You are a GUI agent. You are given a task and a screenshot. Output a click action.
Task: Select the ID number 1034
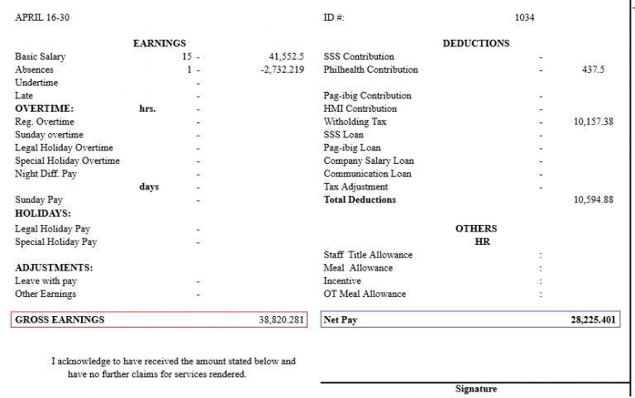pos(524,17)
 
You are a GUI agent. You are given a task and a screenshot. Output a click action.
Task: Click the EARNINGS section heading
pos(160,43)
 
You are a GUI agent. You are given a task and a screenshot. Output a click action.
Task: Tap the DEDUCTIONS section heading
pos(475,43)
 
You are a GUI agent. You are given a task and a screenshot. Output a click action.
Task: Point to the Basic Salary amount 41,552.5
pos(286,57)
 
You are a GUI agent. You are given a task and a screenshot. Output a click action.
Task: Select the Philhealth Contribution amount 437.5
pos(593,70)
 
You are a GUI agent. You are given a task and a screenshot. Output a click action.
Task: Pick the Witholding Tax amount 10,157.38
pos(593,122)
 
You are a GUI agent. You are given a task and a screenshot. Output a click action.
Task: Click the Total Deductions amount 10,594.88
pos(593,199)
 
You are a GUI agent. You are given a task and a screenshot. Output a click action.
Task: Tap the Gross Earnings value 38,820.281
pos(281,319)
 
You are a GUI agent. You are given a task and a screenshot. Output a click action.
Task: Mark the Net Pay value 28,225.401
pos(593,319)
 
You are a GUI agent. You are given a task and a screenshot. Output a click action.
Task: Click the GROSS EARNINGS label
pos(60,319)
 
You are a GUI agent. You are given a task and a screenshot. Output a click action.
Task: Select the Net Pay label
pos(340,319)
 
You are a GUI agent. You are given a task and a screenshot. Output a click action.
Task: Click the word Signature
pos(476,389)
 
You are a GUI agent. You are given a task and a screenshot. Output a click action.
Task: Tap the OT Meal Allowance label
pos(365,294)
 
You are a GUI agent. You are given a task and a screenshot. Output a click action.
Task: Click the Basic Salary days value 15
pos(187,57)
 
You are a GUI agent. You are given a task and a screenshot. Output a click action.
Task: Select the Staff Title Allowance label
pos(368,255)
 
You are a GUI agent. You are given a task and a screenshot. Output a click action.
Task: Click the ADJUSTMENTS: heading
pos(54,268)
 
